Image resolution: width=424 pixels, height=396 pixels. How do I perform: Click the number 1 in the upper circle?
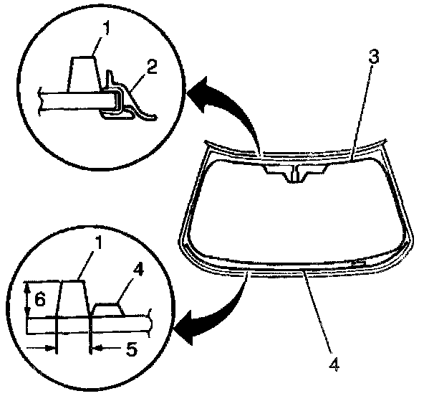coord(107,29)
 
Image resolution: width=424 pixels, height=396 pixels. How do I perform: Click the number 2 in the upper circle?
coord(152,67)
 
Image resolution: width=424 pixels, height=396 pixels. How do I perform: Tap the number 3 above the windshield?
coord(374,57)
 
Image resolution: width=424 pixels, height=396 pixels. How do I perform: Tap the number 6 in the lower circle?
coord(40,300)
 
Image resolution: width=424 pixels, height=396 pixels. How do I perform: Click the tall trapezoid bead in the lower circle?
coord(73,298)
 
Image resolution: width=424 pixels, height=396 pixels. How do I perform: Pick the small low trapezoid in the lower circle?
coord(108,310)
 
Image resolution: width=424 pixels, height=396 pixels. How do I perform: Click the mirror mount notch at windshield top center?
coord(296,173)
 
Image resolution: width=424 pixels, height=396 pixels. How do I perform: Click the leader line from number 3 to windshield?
coord(363,112)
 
